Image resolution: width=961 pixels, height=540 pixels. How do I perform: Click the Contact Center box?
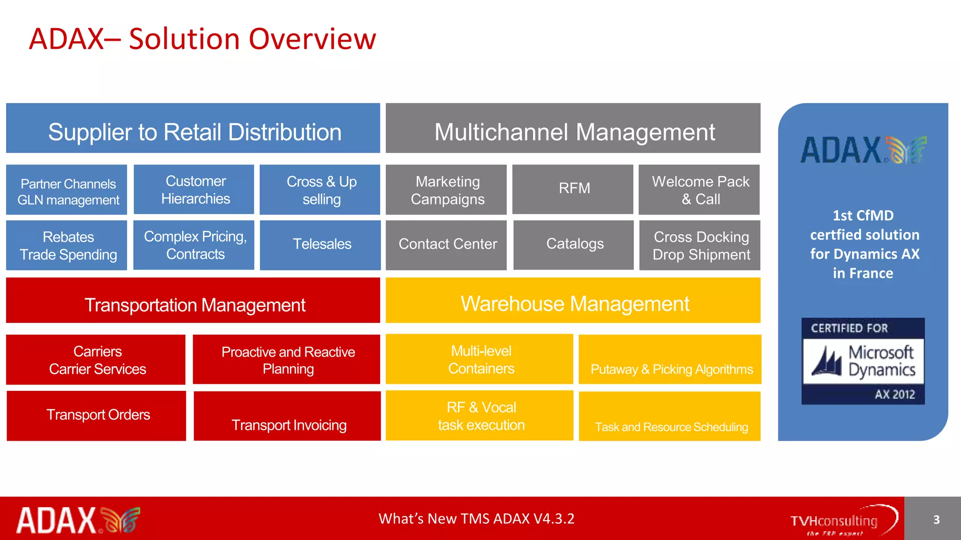tap(446, 245)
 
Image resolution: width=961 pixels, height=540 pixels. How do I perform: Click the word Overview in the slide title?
tap(312, 39)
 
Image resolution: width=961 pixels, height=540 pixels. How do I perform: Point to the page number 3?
tap(936, 519)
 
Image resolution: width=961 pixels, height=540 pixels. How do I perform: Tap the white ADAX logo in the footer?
tap(78, 520)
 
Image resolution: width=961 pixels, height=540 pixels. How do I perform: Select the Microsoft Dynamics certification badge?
tap(863, 361)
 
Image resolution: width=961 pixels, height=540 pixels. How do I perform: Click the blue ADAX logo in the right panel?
tap(863, 150)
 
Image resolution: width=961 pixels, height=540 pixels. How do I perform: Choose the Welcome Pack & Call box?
tap(700, 190)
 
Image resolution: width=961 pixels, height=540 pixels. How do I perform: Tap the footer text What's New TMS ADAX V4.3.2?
tap(476, 519)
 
